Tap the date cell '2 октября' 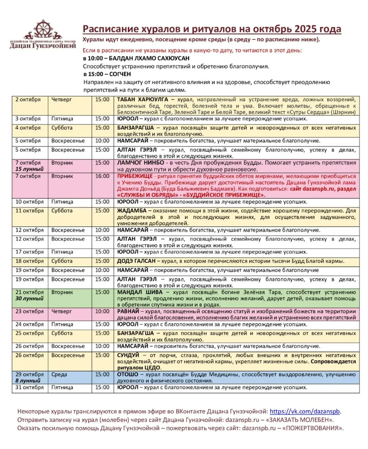click(28, 100)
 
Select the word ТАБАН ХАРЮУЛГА click(143, 100)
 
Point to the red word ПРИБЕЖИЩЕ click(135, 176)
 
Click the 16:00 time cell click(102, 176)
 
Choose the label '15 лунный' click(29, 169)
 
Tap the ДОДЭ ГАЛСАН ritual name click(136, 261)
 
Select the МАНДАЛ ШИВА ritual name click(140, 292)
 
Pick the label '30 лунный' click(29, 299)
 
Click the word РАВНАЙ click(128, 311)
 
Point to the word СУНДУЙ click(128, 355)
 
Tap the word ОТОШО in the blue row click(128, 374)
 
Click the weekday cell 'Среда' click(59, 374)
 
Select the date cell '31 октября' click(29, 388)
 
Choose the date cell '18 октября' click(29, 261)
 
